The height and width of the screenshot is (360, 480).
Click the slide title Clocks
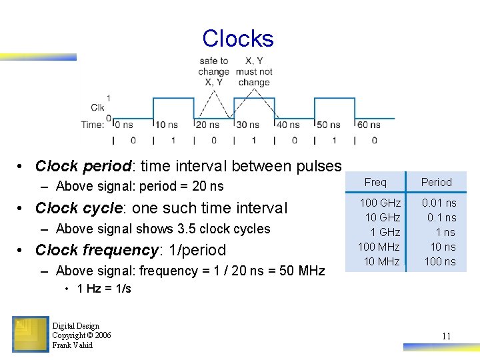[238, 39]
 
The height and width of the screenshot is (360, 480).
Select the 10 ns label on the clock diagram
[166, 125]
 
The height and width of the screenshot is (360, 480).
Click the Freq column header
[375, 182]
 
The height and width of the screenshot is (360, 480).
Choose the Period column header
[437, 182]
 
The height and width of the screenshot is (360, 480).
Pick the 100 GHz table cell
[380, 203]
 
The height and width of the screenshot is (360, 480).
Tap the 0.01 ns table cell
[439, 203]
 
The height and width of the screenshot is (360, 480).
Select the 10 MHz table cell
[382, 261]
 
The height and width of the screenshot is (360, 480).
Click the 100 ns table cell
[440, 261]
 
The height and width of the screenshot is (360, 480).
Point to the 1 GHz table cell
[385, 232]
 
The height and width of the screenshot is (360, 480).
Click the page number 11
[446, 336]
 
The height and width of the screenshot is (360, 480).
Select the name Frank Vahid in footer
[73, 345]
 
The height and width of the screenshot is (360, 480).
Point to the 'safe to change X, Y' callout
[214, 71]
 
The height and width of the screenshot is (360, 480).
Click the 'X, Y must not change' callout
[254, 71]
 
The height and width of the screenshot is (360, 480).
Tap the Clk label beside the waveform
[97, 108]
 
